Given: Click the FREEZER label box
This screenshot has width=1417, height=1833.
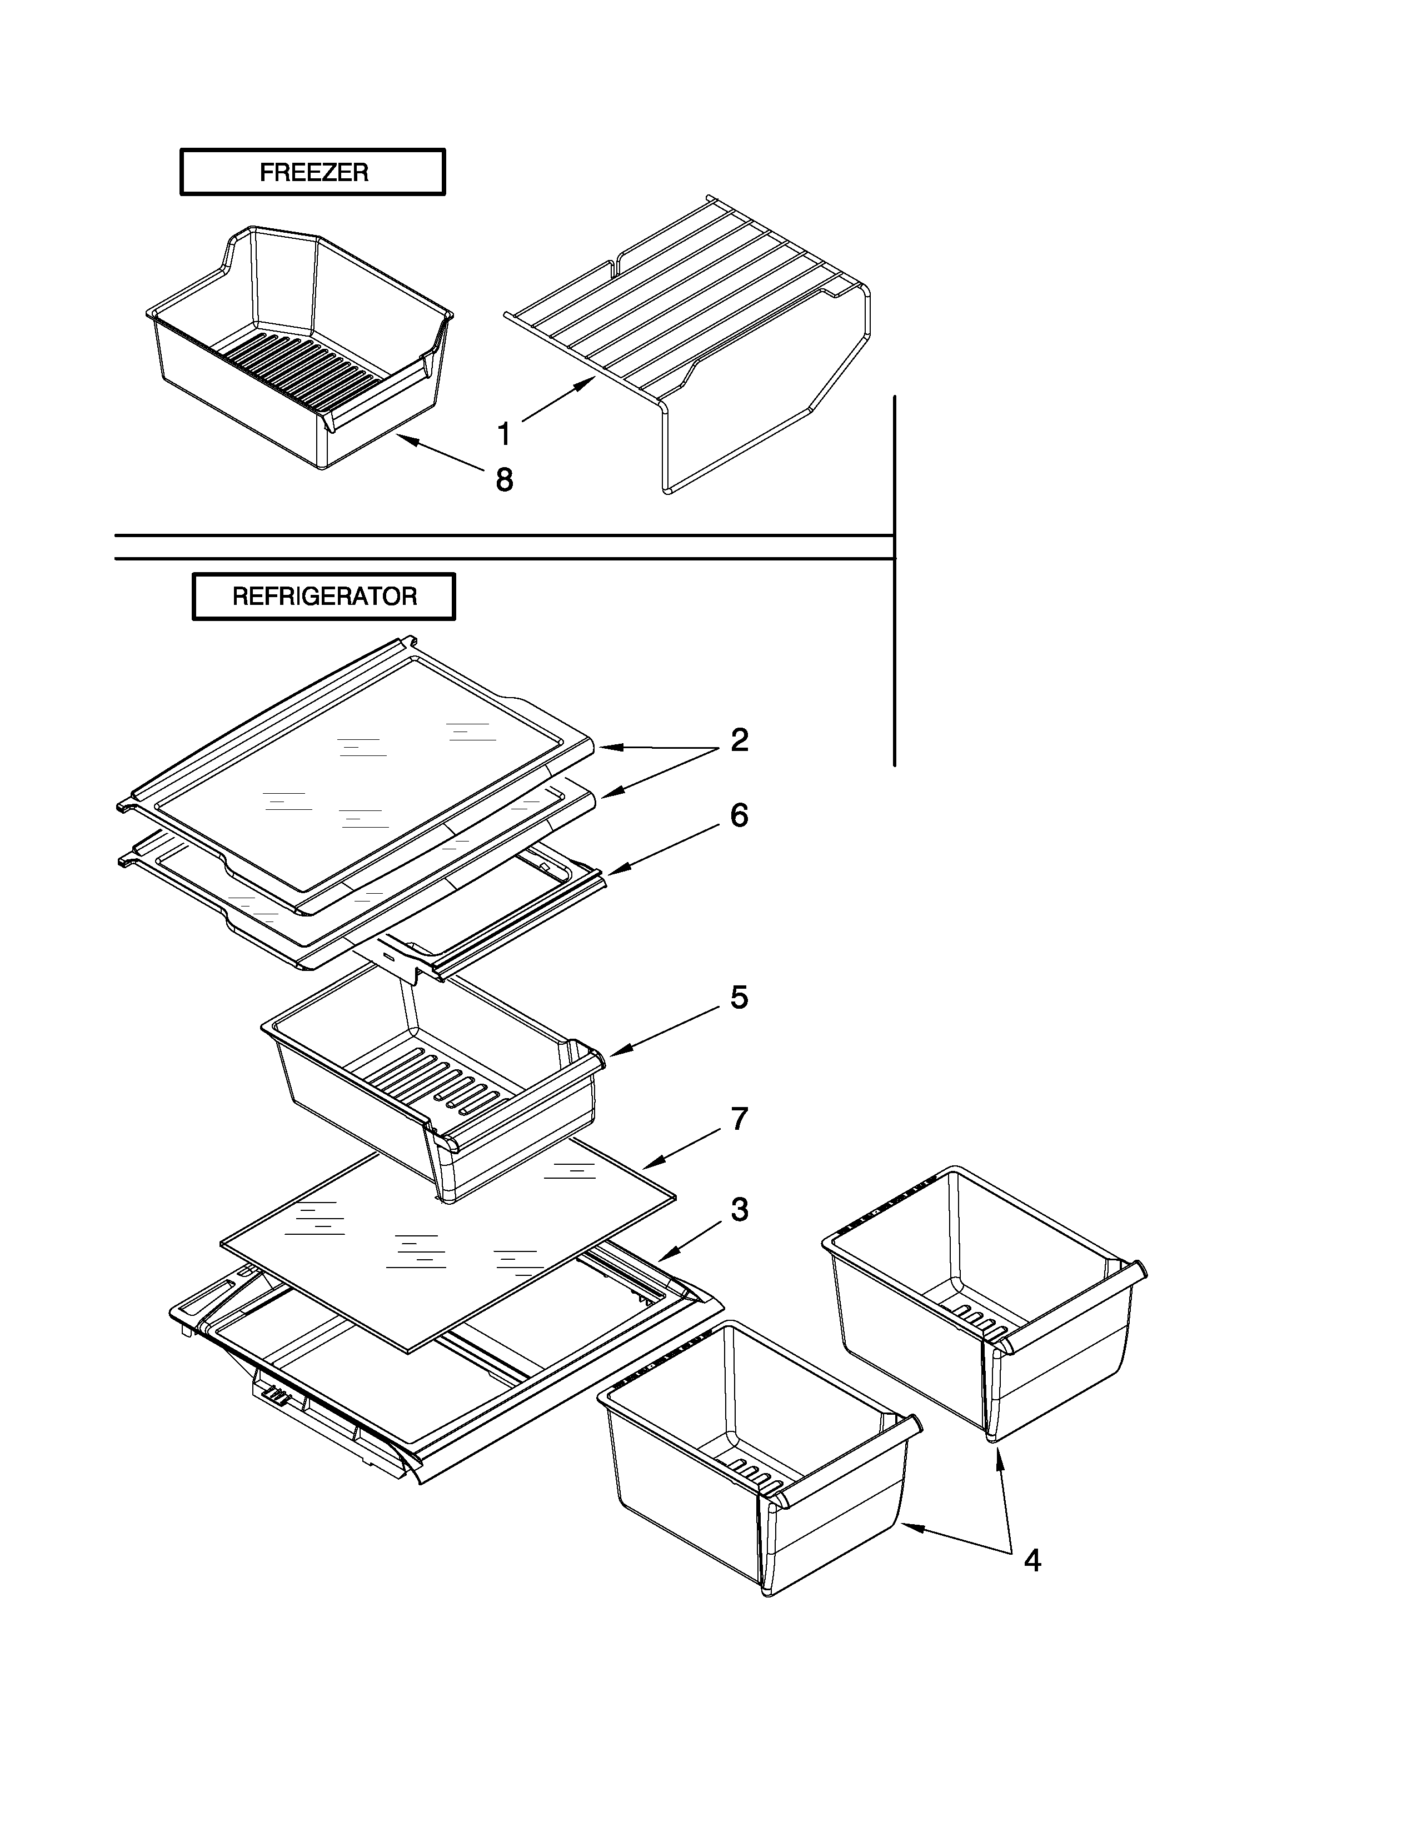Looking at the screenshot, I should tap(312, 172).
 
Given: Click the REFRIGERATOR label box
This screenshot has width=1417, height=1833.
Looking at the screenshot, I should tap(324, 597).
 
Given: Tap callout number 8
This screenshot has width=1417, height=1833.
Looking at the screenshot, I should tap(503, 480).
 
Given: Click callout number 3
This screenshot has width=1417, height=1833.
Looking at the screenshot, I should tap(739, 1209).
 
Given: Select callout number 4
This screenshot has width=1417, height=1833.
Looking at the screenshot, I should tap(1032, 1561).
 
